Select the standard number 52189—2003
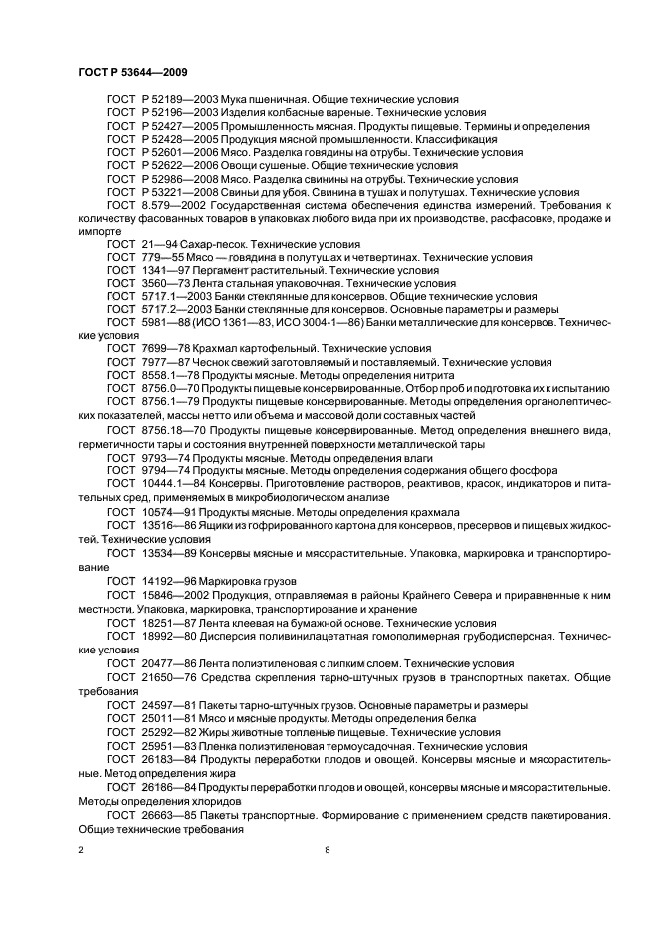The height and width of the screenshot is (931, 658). point(175,100)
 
